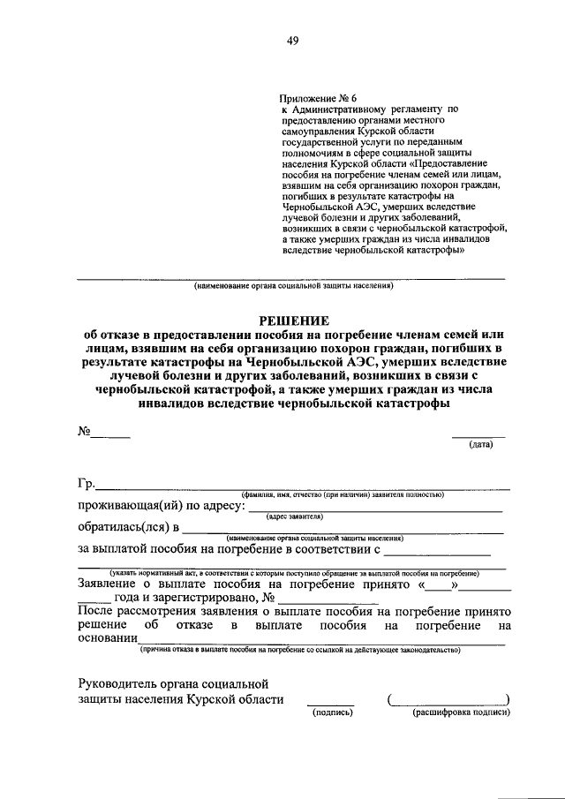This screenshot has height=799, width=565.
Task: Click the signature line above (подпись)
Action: [x=331, y=704]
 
